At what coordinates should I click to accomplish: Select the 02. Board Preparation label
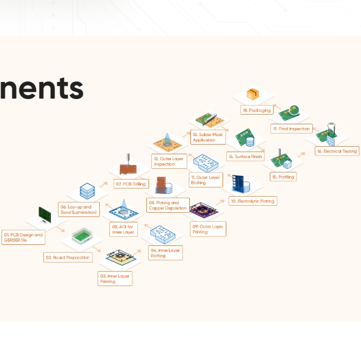(68, 258)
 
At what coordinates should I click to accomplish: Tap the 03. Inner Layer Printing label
(115, 279)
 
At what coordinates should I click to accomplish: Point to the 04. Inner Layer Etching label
(165, 253)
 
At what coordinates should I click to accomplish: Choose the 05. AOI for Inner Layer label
(123, 229)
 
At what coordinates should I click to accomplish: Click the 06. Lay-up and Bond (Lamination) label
(79, 209)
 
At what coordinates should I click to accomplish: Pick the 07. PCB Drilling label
(130, 184)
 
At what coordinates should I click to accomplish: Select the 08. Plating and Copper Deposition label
(168, 205)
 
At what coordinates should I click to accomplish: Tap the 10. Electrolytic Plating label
(252, 201)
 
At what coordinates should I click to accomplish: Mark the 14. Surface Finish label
(245, 157)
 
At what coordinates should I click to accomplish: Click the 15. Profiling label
(283, 177)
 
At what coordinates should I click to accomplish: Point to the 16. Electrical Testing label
(336, 151)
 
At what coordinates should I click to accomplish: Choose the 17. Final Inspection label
(291, 129)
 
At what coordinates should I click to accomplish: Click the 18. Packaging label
(256, 110)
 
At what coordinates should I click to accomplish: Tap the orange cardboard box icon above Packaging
(253, 94)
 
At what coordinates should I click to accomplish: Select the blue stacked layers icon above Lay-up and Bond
(87, 190)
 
